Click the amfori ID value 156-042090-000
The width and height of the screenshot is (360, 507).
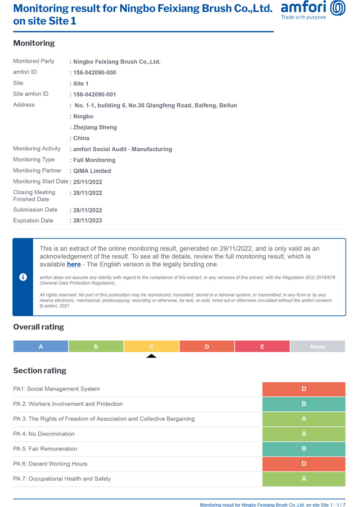click(94, 73)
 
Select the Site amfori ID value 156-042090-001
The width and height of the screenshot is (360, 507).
click(94, 94)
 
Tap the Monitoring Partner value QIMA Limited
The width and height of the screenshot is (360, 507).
click(92, 171)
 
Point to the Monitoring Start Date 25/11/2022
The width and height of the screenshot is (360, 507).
click(88, 182)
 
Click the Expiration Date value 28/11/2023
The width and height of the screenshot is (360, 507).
click(88, 221)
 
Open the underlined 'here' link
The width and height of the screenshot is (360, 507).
click(74, 265)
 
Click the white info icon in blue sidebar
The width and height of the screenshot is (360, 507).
click(23, 277)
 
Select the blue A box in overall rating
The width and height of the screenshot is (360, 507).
click(41, 347)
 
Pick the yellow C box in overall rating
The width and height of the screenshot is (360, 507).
click(152, 347)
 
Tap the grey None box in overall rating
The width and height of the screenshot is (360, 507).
click(318, 347)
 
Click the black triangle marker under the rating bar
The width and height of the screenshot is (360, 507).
click(152, 356)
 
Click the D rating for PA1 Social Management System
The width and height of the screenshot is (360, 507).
click(304, 389)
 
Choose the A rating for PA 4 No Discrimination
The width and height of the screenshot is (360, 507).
click(304, 434)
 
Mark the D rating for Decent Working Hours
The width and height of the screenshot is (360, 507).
click(304, 464)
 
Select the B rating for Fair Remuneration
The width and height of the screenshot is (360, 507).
click(304, 449)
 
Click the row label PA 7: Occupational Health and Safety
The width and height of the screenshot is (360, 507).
click(62, 479)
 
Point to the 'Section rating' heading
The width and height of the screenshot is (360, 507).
click(40, 371)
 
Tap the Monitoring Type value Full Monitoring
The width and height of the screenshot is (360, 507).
click(94, 160)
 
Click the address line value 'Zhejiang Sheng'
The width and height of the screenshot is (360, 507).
click(95, 127)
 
